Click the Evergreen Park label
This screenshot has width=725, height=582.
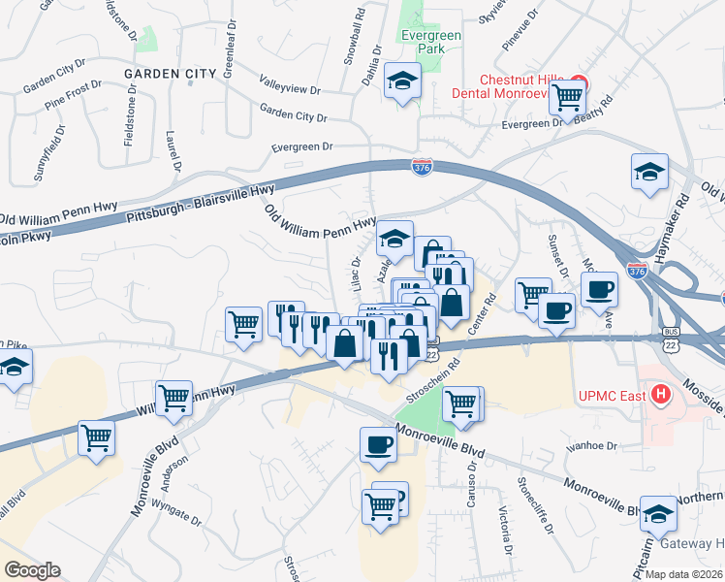[x=432, y=43]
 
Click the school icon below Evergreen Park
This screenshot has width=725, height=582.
[x=401, y=82]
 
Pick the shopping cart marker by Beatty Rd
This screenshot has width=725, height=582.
[x=567, y=98]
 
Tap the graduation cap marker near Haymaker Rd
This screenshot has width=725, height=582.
[x=648, y=173]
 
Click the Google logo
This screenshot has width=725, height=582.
[x=32, y=570]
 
